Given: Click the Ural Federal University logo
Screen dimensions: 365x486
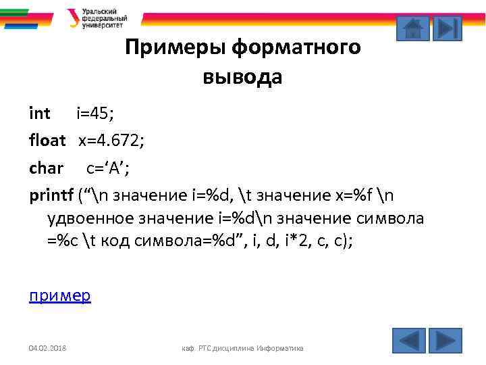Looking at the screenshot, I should [97, 18].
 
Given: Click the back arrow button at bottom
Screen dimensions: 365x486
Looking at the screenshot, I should [409, 340].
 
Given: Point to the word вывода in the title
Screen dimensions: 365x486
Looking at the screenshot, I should [242, 77].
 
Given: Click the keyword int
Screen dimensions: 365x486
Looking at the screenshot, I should [40, 113].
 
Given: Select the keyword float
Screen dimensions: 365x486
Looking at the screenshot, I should [47, 141].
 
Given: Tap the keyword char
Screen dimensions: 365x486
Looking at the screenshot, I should [46, 168].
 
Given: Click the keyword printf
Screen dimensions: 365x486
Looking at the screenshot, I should [51, 195].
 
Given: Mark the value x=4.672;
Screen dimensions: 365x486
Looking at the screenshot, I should [111, 141].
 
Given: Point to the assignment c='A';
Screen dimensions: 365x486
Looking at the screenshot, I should [112, 168].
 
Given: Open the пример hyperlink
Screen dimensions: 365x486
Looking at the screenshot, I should [60, 295].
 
